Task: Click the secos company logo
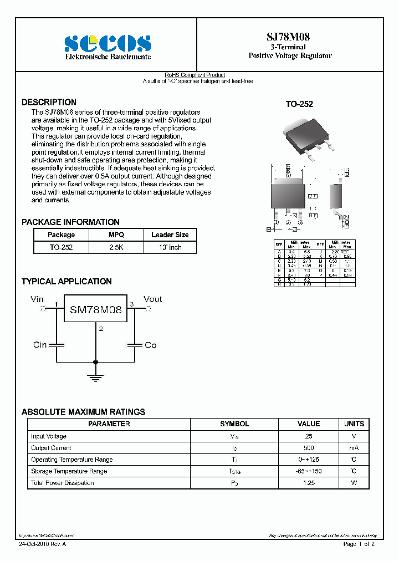tap(108, 43)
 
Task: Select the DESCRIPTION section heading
tap(49, 103)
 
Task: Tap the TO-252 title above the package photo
tap(299, 104)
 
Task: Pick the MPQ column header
tap(116, 235)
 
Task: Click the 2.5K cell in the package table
tap(116, 247)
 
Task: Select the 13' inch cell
tap(170, 247)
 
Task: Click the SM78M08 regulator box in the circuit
tap(95, 310)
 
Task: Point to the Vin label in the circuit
tap(37, 299)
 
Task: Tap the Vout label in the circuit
tap(152, 299)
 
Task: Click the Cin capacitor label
tap(40, 345)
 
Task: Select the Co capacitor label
tap(150, 345)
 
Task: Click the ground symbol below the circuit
tap(96, 379)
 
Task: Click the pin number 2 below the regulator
tap(100, 329)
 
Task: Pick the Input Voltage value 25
tap(309, 436)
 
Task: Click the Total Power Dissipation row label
tap(62, 483)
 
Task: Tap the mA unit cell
tap(354, 448)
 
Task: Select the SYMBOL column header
tap(234, 424)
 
